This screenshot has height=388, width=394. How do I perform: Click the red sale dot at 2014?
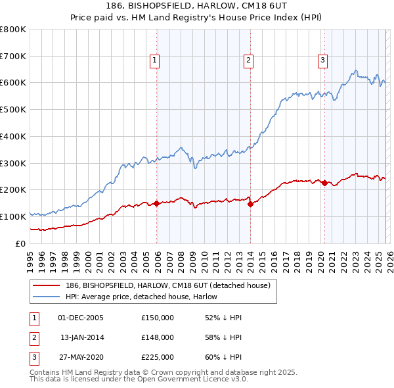point(251,204)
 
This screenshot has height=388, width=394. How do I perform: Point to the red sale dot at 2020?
point(324,183)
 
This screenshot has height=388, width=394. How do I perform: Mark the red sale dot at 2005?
point(157,203)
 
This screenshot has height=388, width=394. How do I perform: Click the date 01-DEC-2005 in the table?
point(81,318)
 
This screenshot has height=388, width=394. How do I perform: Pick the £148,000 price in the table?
point(157,337)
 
